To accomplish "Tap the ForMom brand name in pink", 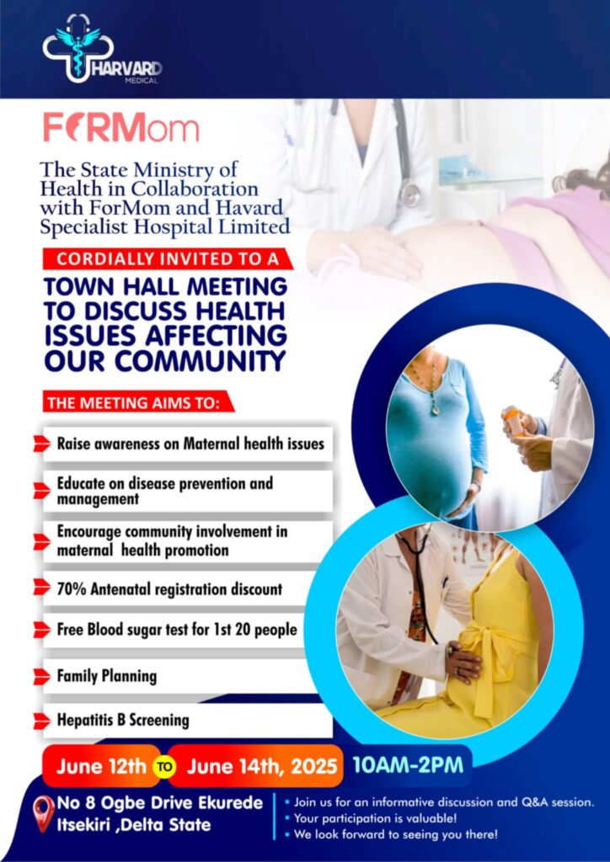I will (x=121, y=128).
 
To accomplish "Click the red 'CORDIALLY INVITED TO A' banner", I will (x=164, y=258).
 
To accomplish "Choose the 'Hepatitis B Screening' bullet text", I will (x=123, y=721).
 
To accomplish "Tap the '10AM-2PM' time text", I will (x=408, y=765).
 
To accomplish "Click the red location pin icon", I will (x=43, y=812).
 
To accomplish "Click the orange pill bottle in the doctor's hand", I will (x=513, y=421).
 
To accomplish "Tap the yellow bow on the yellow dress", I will (x=486, y=657).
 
